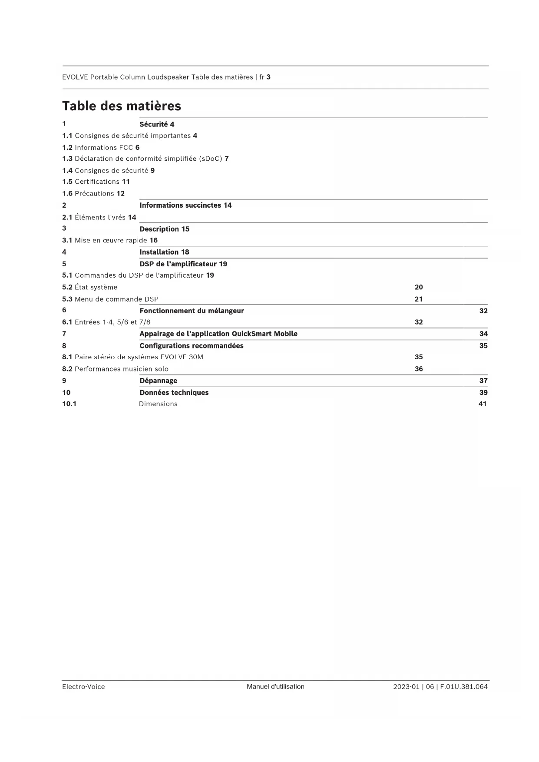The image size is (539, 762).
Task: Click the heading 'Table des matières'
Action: (x=122, y=106)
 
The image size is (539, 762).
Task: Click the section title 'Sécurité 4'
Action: (x=157, y=124)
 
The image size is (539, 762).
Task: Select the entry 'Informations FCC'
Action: (x=104, y=148)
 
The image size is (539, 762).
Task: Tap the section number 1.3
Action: (x=67, y=159)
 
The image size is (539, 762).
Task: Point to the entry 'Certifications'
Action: (x=97, y=182)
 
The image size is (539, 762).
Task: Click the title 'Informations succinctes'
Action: (x=180, y=205)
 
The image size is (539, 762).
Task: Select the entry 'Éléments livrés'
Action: (x=100, y=217)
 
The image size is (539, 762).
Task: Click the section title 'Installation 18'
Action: (x=164, y=252)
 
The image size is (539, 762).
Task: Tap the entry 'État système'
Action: (x=96, y=287)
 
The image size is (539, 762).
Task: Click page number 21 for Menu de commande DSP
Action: (x=419, y=299)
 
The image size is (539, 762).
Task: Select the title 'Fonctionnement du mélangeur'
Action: (x=192, y=311)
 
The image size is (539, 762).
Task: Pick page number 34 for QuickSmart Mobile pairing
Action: (x=483, y=334)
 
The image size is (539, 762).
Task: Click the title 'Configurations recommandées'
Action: (x=192, y=346)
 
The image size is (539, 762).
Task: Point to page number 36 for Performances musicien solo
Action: (x=419, y=369)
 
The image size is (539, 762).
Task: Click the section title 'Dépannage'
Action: (x=159, y=381)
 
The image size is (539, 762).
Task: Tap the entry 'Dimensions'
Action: (x=158, y=404)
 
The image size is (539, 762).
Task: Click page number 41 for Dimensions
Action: (x=483, y=404)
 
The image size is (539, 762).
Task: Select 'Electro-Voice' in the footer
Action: (x=83, y=687)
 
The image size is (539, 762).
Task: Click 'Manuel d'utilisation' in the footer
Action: (x=275, y=687)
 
